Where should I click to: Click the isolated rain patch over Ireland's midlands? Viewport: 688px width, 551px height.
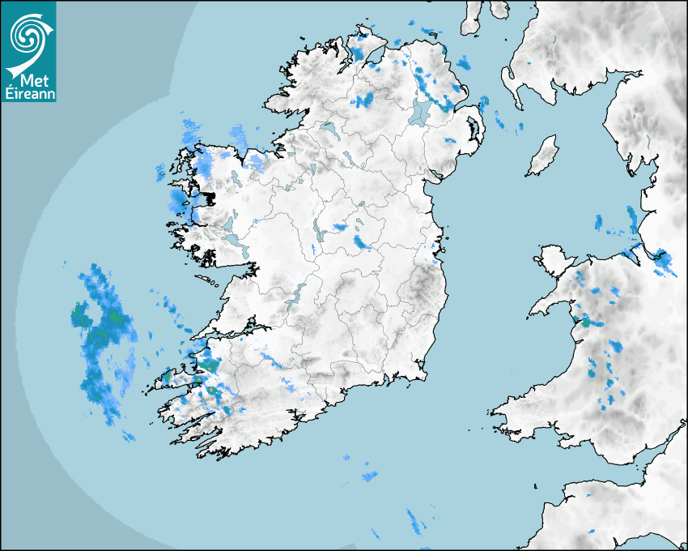tap(362, 242)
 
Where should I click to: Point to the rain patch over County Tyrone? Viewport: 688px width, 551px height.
tap(363, 100)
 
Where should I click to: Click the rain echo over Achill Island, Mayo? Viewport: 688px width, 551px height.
tap(177, 199)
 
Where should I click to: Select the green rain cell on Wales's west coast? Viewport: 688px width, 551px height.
tap(585, 322)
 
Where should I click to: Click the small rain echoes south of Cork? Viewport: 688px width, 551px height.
tap(369, 475)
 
